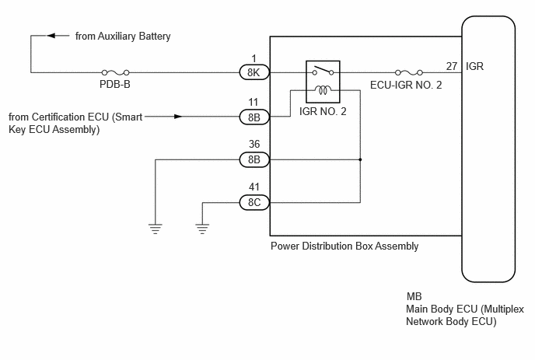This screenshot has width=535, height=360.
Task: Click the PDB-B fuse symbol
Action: coord(115,72)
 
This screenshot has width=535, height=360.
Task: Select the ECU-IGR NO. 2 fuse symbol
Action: coord(409,72)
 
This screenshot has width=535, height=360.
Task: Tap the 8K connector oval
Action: coord(254,72)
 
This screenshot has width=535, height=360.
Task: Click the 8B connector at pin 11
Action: coord(254,117)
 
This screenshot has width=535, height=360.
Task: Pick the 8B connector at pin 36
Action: coord(254,159)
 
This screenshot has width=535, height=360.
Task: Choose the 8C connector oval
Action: coord(254,202)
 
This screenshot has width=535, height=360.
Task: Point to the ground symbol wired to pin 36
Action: coord(156,229)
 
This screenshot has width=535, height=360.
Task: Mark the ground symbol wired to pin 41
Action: coord(202,229)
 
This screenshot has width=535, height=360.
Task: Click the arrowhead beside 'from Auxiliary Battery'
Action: coord(51,36)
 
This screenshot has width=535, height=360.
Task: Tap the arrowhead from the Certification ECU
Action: coord(178,117)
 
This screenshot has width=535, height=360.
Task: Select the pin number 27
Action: coord(451,66)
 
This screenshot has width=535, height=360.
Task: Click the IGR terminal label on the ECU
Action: coord(474,66)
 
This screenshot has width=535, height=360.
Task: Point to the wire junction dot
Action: coord(360,159)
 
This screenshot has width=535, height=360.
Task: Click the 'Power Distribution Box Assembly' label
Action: coord(344,246)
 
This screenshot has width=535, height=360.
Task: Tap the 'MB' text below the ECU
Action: coord(414,296)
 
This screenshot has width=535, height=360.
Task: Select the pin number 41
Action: coord(254,187)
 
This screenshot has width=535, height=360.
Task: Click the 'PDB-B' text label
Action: coord(115,84)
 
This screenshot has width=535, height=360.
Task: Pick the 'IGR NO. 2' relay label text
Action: coord(323,111)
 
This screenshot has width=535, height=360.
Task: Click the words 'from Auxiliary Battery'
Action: coord(123,37)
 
